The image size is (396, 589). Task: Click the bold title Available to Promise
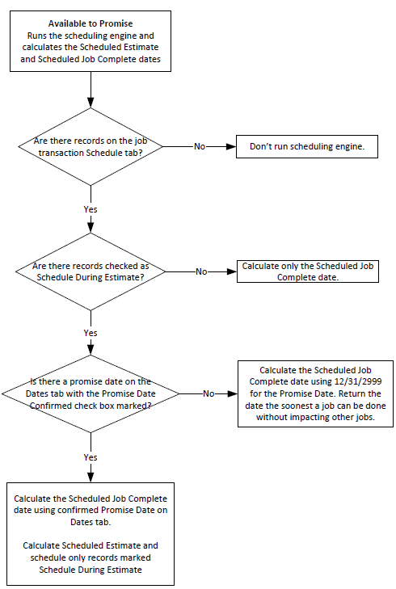coord(91,23)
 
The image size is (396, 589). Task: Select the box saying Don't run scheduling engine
coord(307,146)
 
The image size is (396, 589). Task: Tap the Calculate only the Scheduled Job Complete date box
coord(308,271)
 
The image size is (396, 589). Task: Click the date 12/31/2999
coord(358,381)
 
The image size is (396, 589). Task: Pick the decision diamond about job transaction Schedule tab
coord(91,146)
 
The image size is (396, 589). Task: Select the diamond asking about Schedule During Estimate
coord(91,271)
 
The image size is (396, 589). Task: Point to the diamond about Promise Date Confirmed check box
coord(91,393)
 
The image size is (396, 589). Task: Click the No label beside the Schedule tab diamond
coord(200,146)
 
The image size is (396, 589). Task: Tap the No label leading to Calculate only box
coord(201,271)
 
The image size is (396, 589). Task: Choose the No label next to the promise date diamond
coord(209,393)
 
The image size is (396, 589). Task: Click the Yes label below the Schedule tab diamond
coord(91,209)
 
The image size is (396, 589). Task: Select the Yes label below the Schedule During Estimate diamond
coord(91,333)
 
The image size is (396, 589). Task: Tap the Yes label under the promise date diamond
coord(91,457)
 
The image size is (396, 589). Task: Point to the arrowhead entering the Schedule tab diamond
coord(91,103)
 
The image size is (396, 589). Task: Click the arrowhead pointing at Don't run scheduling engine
coord(231,146)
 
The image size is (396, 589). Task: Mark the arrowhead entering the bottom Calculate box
coord(91,478)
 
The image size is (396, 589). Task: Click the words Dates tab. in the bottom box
coord(91,522)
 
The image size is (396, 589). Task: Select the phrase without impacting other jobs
coord(316,418)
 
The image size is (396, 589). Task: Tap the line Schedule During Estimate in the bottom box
coord(91,570)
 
